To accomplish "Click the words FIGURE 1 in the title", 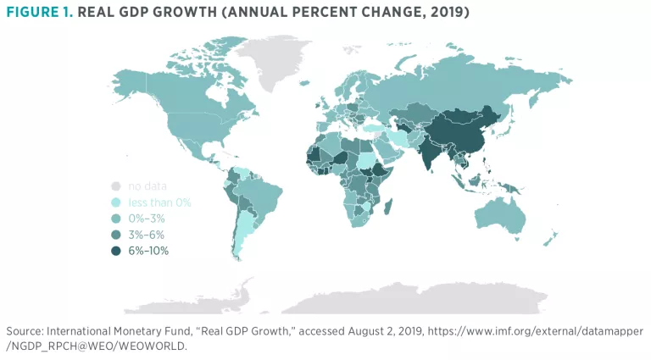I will click(x=38, y=14).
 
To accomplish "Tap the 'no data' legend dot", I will click(x=116, y=186).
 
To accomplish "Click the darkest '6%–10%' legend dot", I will click(x=116, y=251).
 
